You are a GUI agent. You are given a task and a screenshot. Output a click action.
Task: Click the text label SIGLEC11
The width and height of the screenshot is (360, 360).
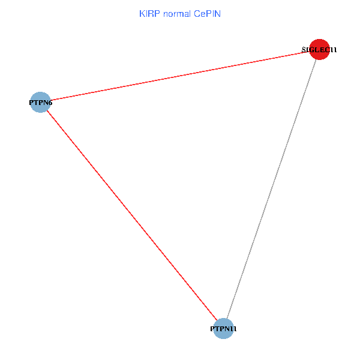[x=319, y=50]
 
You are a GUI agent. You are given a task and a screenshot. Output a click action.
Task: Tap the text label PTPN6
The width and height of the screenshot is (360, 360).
[x=40, y=103]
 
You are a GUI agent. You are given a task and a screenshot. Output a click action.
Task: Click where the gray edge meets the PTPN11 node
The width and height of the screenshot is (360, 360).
[x=227, y=319]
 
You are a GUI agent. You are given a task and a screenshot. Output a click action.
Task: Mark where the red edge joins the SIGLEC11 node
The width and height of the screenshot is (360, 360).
[x=310, y=52]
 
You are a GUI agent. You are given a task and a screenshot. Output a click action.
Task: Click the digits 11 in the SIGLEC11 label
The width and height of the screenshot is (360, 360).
[x=332, y=50]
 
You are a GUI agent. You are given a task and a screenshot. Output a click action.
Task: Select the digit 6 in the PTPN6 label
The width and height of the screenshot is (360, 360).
[x=50, y=103]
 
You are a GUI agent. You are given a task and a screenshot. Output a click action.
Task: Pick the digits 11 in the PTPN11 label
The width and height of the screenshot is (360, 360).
[x=241, y=329]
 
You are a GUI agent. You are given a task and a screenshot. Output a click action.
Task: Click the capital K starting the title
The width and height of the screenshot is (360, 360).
[x=142, y=14]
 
